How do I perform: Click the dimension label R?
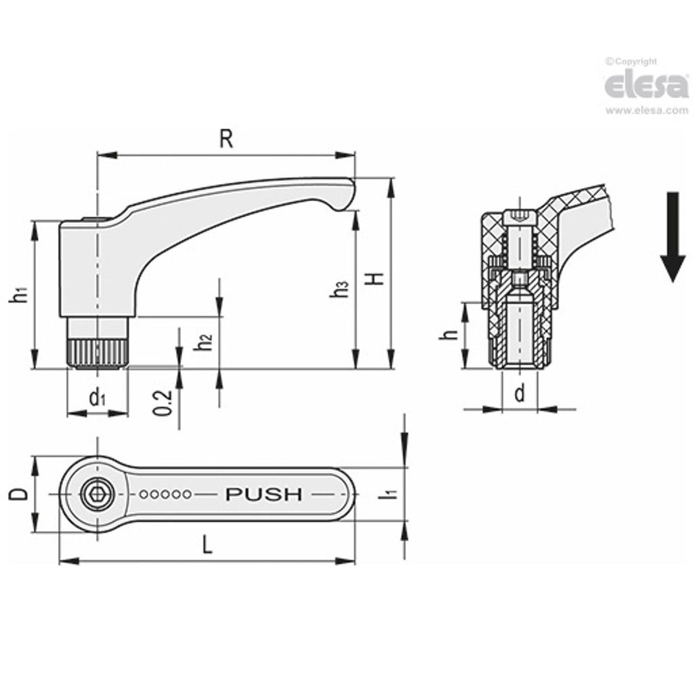pos(227,139)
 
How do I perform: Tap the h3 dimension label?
pos(341,289)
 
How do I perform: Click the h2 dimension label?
pos(204,342)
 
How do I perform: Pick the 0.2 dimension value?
pos(163,402)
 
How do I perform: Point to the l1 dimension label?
pos(390,493)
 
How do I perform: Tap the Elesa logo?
pos(647,86)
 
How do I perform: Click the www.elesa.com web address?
pos(647,110)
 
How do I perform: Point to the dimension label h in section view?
pos(452,334)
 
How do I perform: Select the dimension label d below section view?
pos(519,393)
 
